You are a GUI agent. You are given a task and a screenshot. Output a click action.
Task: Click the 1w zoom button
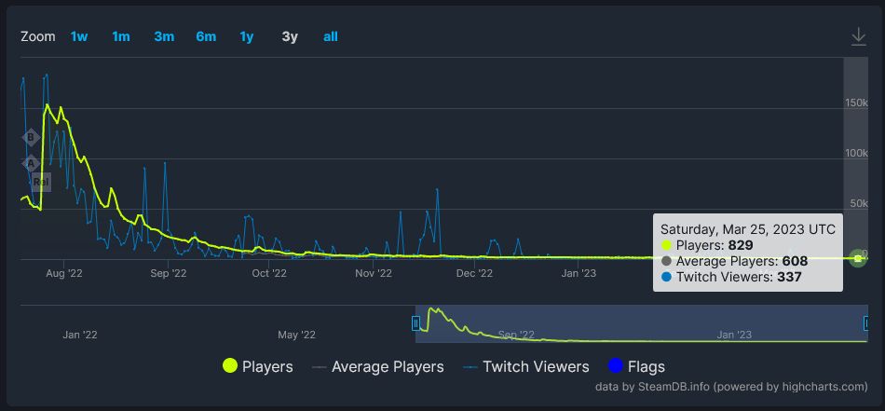pos(79,36)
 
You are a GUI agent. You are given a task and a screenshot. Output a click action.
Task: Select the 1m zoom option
pos(121,36)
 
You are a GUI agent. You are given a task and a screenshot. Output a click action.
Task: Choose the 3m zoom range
pos(164,36)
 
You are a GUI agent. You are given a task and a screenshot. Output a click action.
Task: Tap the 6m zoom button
pos(206,36)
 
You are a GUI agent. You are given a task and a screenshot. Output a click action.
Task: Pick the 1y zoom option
pos(247,36)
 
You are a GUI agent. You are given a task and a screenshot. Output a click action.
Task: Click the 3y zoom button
pos(290,36)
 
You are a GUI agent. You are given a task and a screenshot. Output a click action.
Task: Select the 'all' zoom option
pos(331,36)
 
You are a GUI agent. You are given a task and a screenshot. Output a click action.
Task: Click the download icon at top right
pos(859,36)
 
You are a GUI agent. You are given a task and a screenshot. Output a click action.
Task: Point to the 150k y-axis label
pos(856,103)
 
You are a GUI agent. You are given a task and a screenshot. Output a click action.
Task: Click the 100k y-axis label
pos(856,153)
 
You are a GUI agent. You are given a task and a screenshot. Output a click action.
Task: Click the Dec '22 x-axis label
pos(474,273)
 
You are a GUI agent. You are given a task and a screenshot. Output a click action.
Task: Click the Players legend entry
pos(258,366)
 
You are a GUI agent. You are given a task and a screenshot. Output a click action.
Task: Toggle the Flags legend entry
pos(635,366)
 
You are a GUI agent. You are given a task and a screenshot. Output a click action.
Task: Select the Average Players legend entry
pos(377,366)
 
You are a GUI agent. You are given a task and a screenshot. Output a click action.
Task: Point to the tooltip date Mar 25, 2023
pos(747,228)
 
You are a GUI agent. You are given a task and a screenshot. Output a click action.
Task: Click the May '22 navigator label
pos(296,335)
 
